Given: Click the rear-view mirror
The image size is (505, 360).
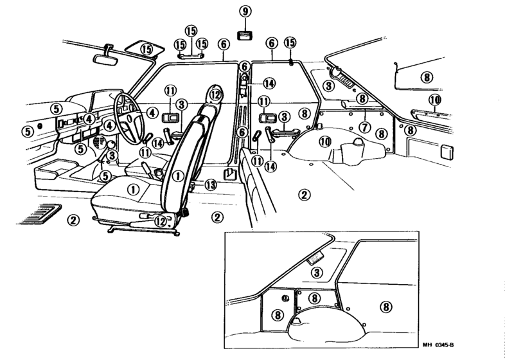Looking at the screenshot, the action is [x=105, y=59].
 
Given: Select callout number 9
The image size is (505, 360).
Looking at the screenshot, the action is [x=245, y=12].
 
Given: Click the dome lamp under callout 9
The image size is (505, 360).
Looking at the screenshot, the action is [x=245, y=35].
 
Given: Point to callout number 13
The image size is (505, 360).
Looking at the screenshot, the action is [x=211, y=184].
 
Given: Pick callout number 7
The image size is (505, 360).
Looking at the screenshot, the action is [x=364, y=127].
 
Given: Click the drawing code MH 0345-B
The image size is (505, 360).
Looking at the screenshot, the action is [x=438, y=345].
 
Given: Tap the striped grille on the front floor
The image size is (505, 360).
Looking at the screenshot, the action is [x=39, y=214].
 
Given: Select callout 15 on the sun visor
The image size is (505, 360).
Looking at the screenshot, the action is [x=146, y=50].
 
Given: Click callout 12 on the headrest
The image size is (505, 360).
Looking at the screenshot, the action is [x=215, y=94].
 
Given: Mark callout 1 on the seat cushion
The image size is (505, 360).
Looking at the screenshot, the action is [x=133, y=190].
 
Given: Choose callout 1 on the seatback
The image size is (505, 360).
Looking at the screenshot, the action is [x=178, y=176].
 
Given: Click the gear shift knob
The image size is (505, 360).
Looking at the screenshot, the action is [x=111, y=144].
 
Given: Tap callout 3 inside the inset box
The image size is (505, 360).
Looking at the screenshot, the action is [x=317, y=273].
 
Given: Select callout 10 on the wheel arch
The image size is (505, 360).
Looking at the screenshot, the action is [x=325, y=141].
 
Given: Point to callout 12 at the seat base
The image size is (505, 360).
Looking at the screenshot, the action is [x=160, y=221].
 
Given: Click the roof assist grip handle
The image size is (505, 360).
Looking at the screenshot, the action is [x=190, y=56].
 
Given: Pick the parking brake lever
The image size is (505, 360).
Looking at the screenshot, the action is [x=146, y=169].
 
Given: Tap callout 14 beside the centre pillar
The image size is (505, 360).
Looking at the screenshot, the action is [x=269, y=84].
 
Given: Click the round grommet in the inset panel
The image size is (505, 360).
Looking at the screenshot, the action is [x=285, y=298].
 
